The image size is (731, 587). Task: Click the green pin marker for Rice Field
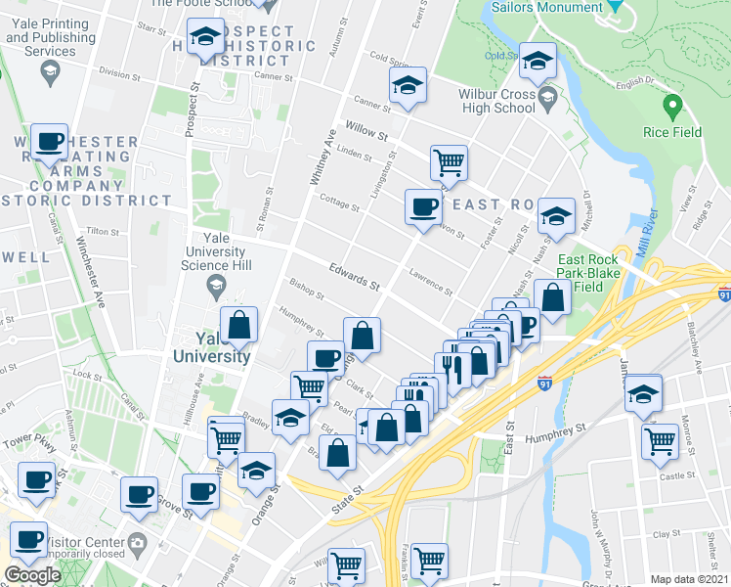pos(671,104)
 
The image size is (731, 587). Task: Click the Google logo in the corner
pos(32,575)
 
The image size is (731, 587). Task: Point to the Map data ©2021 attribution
pos(689,579)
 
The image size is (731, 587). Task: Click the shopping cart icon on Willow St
pos(448,161)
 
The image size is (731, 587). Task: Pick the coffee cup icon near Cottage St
pos(423,206)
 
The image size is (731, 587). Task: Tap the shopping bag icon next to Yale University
pos(238,326)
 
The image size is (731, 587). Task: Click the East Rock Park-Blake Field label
pos(588,273)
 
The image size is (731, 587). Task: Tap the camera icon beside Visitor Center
pos(138,543)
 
